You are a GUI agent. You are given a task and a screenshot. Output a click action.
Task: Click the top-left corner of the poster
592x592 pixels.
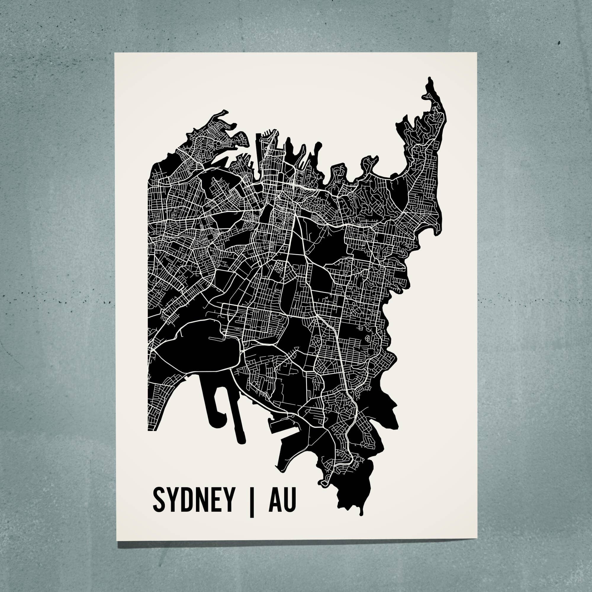tap(115, 53)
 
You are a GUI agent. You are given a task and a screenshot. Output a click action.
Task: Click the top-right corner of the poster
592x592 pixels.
tap(477, 53)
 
